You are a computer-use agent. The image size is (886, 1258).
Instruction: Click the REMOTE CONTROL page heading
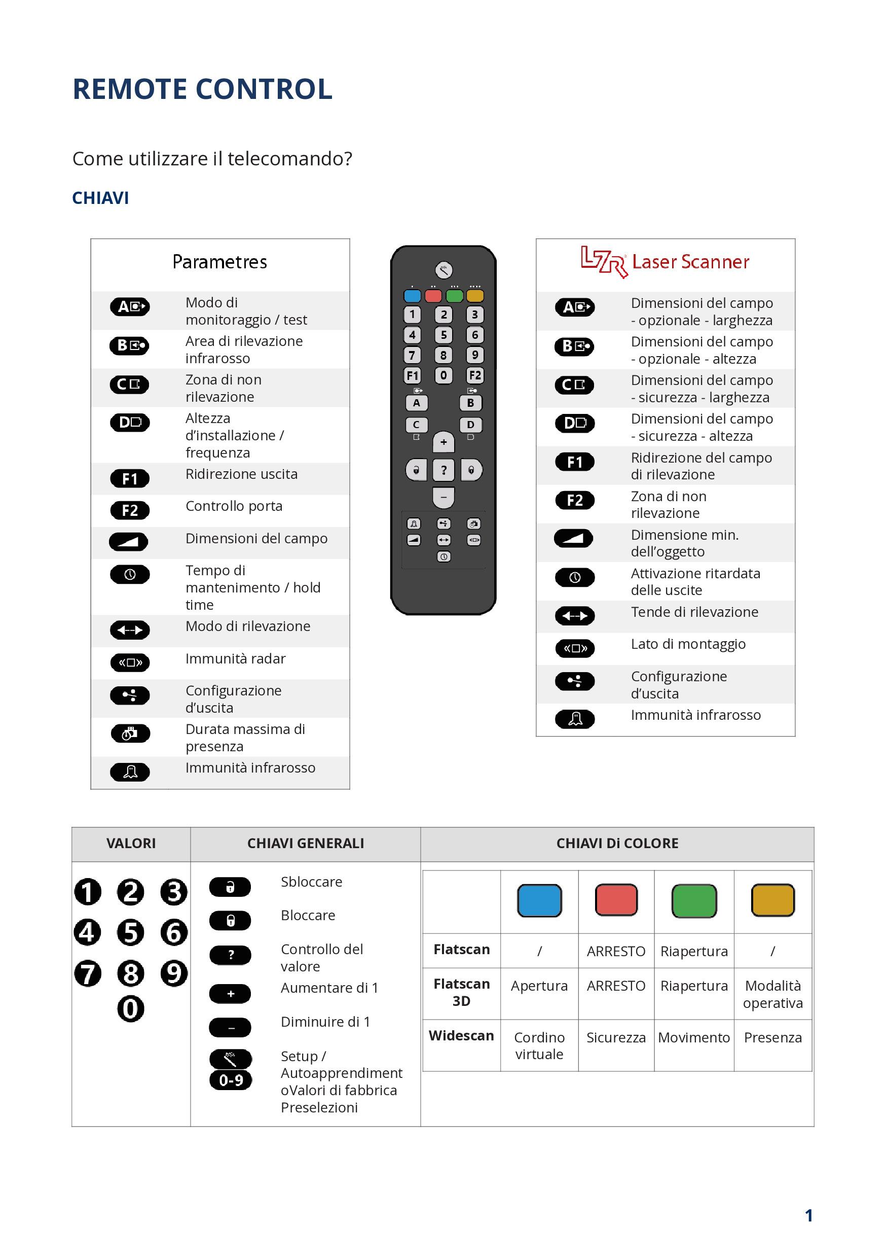click(x=202, y=89)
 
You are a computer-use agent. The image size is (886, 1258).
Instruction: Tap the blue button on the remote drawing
click(x=412, y=296)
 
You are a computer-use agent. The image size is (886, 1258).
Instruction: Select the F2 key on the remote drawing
click(x=475, y=375)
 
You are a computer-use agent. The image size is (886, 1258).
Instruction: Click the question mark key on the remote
click(x=444, y=470)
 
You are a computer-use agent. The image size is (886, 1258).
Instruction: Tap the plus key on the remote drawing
click(x=444, y=442)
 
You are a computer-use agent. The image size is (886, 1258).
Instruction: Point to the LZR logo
click(x=604, y=262)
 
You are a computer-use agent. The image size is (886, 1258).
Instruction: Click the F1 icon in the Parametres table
click(x=130, y=479)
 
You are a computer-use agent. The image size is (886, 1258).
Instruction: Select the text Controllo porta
click(x=234, y=506)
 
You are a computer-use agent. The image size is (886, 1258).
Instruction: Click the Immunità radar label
click(x=236, y=658)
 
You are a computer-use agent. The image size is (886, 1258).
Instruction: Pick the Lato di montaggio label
click(x=688, y=644)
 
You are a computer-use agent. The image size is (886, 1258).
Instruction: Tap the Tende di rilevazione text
click(x=694, y=612)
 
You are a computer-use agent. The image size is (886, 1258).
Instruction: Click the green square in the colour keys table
click(x=694, y=900)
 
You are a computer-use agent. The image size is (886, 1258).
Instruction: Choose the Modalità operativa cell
click(x=772, y=994)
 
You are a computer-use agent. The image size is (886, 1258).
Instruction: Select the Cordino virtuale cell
click(x=539, y=1045)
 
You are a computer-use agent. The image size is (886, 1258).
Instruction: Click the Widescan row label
click(x=461, y=1035)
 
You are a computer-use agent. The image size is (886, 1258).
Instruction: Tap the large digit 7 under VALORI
click(x=88, y=973)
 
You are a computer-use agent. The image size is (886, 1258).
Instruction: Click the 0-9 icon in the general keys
click(x=231, y=1080)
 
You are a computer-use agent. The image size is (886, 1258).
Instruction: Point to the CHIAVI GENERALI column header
click(x=306, y=843)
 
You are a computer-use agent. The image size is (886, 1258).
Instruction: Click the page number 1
click(x=808, y=1216)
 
